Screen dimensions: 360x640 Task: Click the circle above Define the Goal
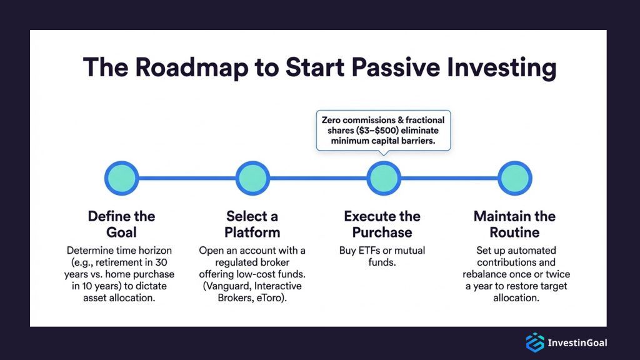(x=121, y=178)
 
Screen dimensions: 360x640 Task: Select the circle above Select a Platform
(x=252, y=178)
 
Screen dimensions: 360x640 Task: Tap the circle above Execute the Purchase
(x=384, y=178)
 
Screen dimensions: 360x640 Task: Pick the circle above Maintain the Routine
(x=514, y=178)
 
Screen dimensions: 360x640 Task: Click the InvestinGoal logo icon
(x=534, y=342)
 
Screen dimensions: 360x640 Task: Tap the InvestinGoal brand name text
(x=577, y=342)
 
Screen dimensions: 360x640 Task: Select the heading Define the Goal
(x=121, y=224)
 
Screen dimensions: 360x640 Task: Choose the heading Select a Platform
(x=252, y=224)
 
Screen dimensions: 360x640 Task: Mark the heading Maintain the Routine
(x=514, y=224)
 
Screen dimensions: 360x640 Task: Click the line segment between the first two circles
(x=187, y=178)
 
